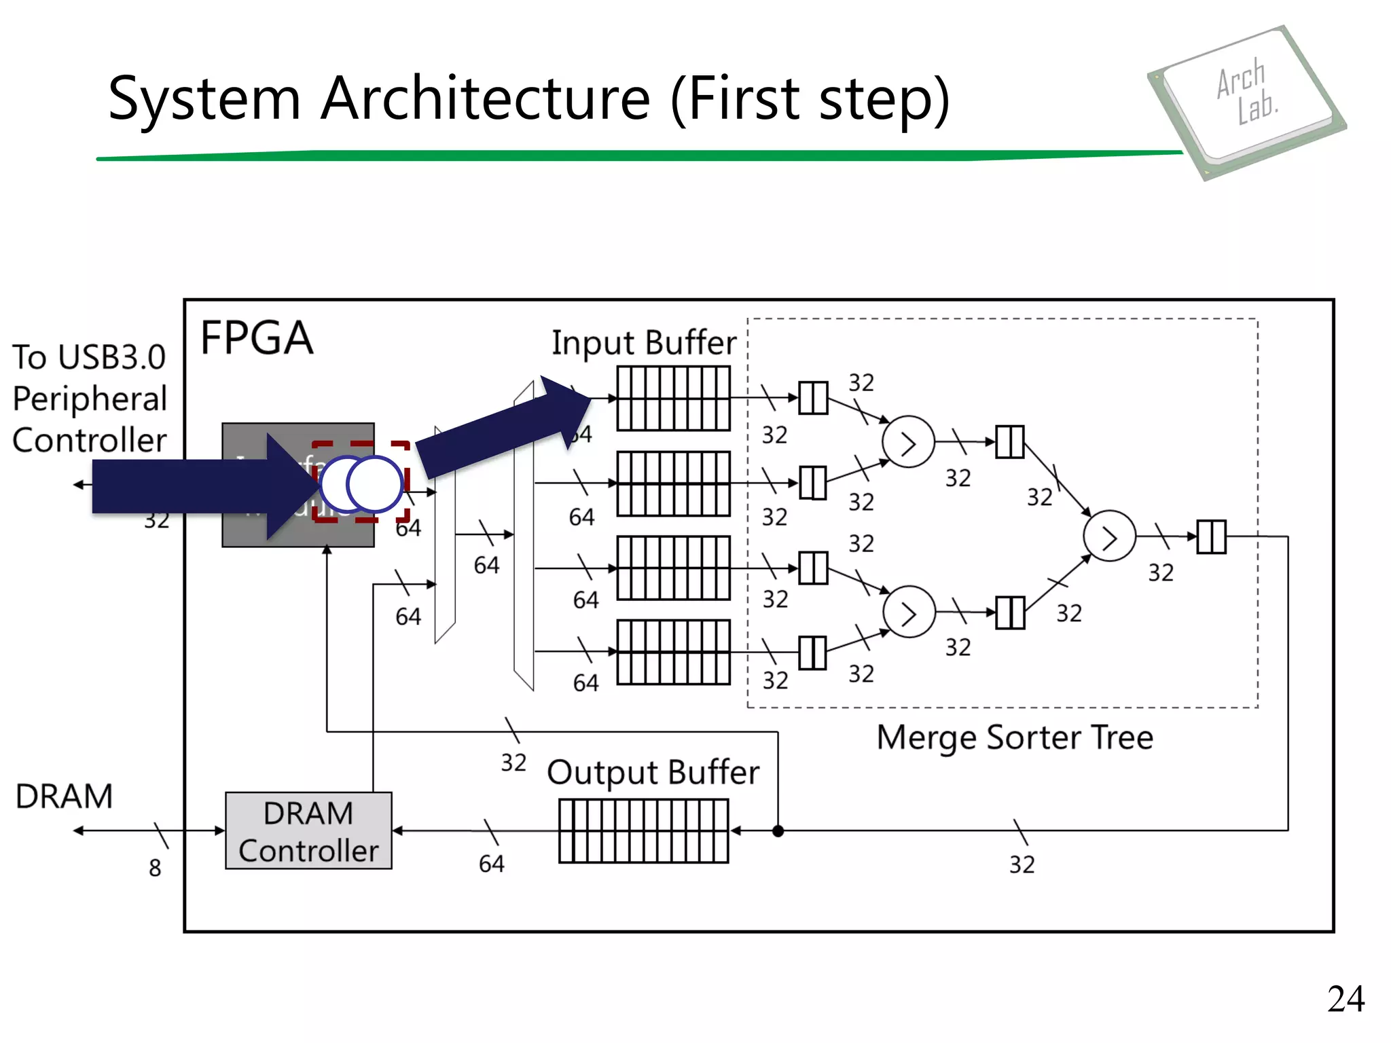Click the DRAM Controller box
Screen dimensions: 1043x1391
[308, 830]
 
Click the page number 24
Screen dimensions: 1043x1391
[1345, 999]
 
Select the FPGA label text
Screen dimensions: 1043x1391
[257, 338]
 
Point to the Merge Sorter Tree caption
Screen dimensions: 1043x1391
[1015, 737]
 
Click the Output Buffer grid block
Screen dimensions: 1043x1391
[643, 830]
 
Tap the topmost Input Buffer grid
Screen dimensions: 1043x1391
[673, 399]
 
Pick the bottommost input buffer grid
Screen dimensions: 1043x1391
[673, 652]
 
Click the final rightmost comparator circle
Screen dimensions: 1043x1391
[1109, 536]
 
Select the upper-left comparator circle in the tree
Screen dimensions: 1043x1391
[908, 442]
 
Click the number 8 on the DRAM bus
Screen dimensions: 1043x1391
[155, 868]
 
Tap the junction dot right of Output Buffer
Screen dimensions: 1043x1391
[778, 830]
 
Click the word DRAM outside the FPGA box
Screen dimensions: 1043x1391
[64, 796]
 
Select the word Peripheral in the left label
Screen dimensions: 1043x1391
[90, 399]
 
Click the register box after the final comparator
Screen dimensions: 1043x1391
[1211, 536]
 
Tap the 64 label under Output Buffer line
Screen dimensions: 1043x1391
[491, 864]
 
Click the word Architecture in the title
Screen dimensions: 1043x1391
[486, 98]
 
